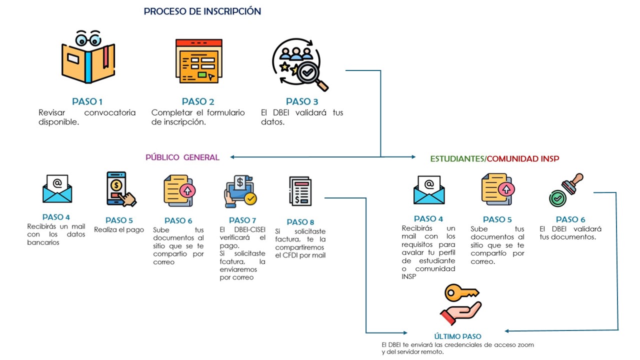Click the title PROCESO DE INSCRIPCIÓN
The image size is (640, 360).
202,11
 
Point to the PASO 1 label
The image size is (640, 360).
87,101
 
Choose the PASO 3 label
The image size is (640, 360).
302,101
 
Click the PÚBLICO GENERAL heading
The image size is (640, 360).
182,157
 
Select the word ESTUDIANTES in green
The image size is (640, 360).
457,158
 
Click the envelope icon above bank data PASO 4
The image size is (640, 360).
57,188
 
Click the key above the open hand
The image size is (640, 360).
461,292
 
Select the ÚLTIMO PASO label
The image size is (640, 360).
458,336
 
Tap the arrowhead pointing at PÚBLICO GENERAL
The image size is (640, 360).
233,157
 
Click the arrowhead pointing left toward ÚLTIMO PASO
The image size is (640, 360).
508,330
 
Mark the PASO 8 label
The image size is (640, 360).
300,221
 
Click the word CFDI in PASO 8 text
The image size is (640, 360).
285,255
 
